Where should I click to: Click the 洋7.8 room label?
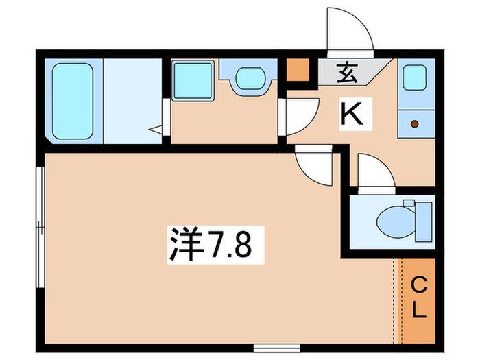(213, 245)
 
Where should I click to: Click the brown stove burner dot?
(414, 124)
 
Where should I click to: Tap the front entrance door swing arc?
(348, 31)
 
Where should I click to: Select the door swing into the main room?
(315, 167)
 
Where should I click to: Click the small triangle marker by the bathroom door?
(158, 128)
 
